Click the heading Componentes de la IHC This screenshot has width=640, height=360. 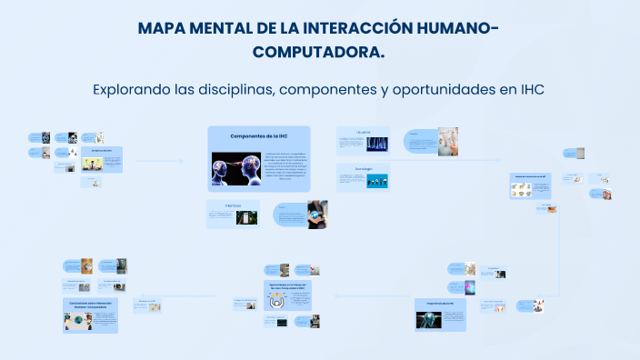259,135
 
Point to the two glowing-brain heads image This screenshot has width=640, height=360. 236,172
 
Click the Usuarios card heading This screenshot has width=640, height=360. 364,131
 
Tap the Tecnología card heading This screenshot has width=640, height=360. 364,168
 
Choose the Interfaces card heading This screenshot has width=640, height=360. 234,206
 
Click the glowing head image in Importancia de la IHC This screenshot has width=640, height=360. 431,318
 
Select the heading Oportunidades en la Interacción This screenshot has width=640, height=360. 290,286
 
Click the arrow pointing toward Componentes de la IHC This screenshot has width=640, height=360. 179,161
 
